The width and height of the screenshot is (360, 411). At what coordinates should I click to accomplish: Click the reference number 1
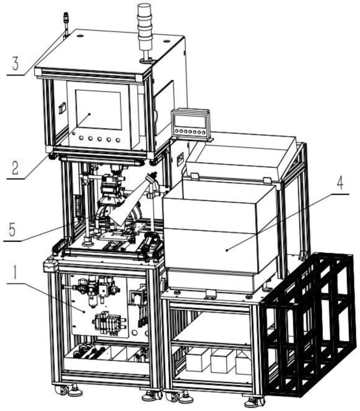click(x=15, y=272)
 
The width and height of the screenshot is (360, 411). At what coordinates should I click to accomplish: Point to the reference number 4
click(x=340, y=185)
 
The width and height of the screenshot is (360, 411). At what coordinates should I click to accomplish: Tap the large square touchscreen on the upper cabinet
click(x=98, y=109)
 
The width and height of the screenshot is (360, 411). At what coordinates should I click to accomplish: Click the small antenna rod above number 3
click(x=65, y=25)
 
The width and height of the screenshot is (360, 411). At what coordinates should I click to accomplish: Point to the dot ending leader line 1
click(x=84, y=312)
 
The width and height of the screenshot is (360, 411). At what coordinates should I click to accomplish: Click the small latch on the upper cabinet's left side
click(x=61, y=108)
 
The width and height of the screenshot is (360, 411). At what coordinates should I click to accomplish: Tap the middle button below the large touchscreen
click(x=100, y=139)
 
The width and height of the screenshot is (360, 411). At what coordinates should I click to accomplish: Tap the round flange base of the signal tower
click(x=145, y=61)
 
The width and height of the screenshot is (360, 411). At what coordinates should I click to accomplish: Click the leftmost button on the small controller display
click(x=177, y=131)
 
